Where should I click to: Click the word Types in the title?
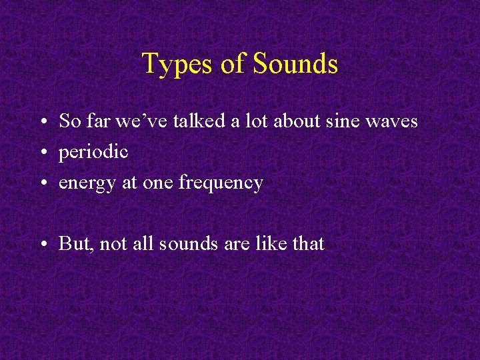(177, 65)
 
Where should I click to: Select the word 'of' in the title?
(233, 64)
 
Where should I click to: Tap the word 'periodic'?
(93, 152)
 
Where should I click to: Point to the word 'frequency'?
(221, 183)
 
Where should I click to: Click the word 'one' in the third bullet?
(158, 183)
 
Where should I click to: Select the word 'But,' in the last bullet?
(76, 244)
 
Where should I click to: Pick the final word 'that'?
(307, 244)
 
